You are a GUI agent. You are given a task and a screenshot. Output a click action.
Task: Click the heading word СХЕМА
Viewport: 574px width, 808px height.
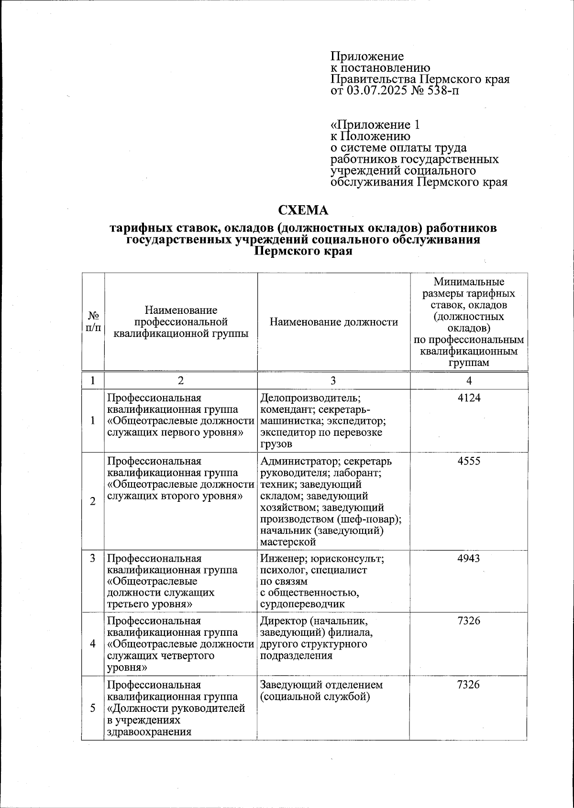pos(304,210)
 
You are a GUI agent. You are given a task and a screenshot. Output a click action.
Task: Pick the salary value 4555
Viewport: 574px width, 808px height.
pos(469,462)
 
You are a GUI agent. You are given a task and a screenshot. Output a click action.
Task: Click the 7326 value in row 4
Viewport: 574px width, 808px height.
pos(469,621)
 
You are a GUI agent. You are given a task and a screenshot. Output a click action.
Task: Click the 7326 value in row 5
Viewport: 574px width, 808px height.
pos(469,685)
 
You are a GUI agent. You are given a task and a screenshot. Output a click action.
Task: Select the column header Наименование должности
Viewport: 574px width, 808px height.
pos(333,322)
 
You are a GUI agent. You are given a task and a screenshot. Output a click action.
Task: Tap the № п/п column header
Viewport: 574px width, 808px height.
pos(93,322)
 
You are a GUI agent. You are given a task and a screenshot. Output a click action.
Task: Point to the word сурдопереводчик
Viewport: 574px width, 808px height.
pos(302,604)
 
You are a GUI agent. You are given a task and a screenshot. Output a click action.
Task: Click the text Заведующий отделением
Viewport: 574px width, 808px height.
pos(321,685)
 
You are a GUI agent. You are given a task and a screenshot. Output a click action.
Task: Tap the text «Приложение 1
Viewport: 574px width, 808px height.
pos(375,125)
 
